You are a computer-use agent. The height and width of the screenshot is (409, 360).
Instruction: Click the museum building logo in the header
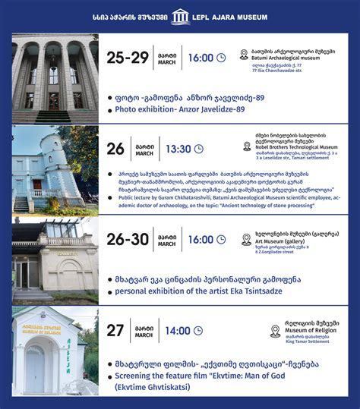pos(180,16)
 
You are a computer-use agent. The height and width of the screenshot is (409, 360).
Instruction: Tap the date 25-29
pos(128,58)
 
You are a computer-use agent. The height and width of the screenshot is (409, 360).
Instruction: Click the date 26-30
pos(128,240)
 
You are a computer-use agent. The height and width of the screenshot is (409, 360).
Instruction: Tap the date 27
pos(116,331)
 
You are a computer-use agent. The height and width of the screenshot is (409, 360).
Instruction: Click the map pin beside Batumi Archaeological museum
pos(245,55)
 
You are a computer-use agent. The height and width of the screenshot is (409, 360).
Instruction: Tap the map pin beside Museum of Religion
pos(276,331)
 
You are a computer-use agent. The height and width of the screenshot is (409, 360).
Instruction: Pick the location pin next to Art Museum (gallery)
pos(246,240)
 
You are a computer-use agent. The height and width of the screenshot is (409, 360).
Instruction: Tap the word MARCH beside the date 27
pos(145,335)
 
